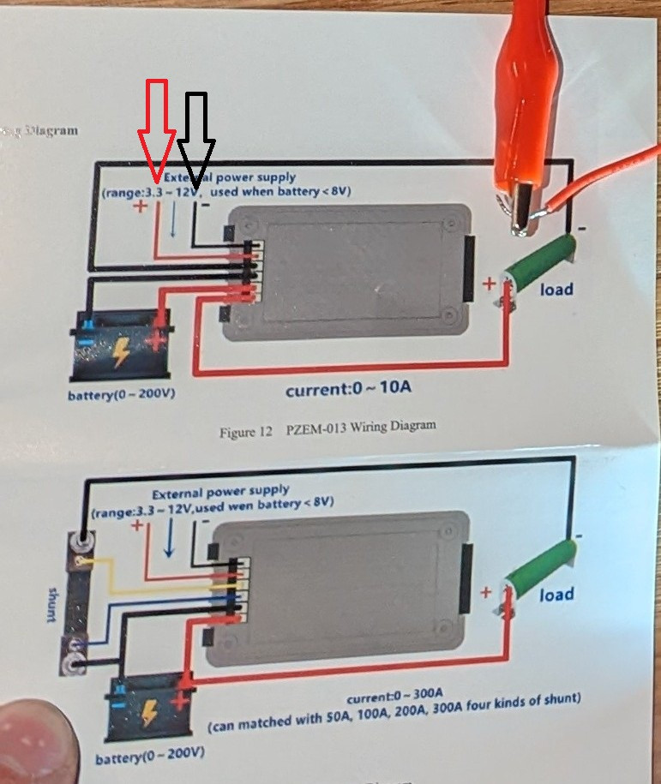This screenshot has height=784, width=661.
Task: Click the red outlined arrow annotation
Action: click(158, 129)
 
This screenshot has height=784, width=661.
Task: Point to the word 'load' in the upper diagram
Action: click(556, 290)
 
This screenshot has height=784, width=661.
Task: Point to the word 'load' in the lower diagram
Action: click(556, 594)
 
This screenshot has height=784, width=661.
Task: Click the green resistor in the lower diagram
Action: click(537, 566)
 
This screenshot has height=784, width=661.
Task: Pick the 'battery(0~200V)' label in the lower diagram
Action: click(149, 758)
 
